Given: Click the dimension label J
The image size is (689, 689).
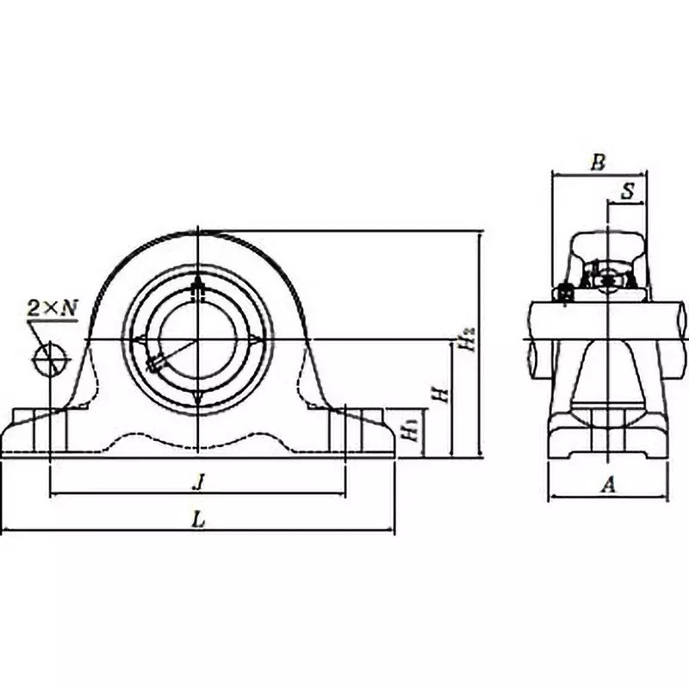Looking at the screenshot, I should pyautogui.click(x=199, y=483).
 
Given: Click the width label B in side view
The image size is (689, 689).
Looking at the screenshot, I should pyautogui.click(x=599, y=162).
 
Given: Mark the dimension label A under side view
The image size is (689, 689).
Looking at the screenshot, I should pyautogui.click(x=608, y=486).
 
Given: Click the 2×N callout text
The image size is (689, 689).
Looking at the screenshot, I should pyautogui.click(x=53, y=307).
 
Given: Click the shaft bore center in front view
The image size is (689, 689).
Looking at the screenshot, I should pyautogui.click(x=198, y=339).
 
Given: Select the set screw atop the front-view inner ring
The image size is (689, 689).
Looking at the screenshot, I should pyautogui.click(x=198, y=289).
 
